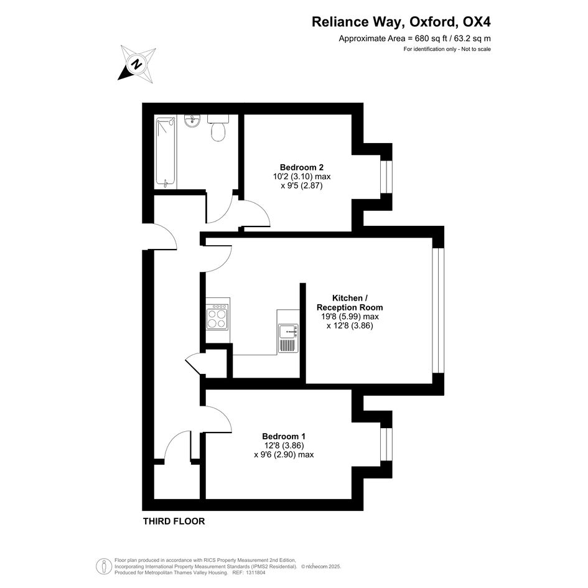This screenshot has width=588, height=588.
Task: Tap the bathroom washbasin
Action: [x=192, y=121]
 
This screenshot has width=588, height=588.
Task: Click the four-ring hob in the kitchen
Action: [x=218, y=317]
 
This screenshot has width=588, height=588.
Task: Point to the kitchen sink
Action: [x=288, y=338]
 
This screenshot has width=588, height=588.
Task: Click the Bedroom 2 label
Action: [x=302, y=167]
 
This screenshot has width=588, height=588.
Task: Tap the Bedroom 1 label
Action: [x=284, y=436]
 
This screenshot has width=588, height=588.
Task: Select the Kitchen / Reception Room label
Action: [x=350, y=302]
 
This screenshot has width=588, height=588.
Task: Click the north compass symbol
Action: [x=137, y=63]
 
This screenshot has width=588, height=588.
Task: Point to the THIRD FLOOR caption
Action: [x=174, y=521]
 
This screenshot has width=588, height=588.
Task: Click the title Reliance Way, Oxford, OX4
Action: [x=401, y=22]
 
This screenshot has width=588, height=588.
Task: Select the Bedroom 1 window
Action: [x=386, y=444]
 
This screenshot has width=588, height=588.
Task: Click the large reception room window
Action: [x=438, y=310]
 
